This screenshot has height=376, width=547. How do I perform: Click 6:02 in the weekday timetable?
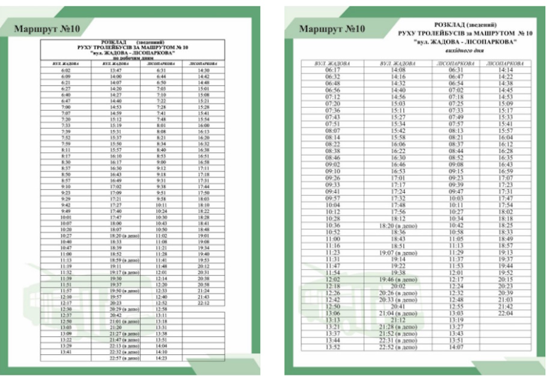(66, 70)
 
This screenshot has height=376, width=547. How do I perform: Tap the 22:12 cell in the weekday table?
(204, 302)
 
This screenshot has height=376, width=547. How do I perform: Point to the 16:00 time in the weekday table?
(204, 125)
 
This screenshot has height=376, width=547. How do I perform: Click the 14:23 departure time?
(161, 358)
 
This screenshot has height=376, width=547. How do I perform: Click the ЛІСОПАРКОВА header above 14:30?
(204, 63)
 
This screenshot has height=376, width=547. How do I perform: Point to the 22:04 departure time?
(506, 313)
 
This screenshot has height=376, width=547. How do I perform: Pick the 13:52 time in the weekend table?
(332, 347)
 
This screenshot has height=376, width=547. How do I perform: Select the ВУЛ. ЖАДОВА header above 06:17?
(332, 63)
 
